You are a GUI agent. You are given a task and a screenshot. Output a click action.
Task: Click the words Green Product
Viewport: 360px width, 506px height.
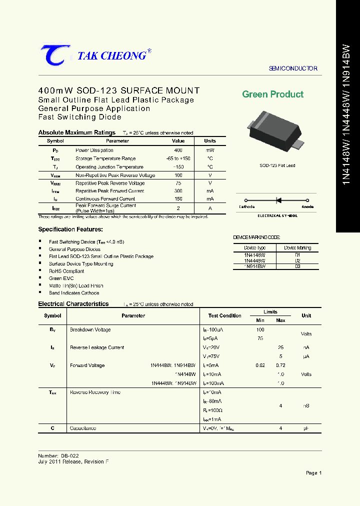272,94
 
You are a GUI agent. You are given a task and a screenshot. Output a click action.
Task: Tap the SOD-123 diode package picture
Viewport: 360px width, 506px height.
275,132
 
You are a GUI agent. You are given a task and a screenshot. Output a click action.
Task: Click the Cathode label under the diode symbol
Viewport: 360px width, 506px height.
246,206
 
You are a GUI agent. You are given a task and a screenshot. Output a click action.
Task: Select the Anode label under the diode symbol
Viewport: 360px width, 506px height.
307,206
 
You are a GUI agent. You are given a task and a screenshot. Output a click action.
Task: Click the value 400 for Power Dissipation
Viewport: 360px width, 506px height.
178,150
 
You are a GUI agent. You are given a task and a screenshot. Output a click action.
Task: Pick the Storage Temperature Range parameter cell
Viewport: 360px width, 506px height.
105,158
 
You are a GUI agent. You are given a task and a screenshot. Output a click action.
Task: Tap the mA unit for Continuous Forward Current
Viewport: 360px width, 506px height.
210,198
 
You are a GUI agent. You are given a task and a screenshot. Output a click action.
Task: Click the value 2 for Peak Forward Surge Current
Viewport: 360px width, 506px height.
178,208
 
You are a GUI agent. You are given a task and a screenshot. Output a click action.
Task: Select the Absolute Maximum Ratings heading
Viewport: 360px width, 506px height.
77,132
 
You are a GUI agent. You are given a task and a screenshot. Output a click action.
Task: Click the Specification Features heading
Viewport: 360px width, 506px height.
70,229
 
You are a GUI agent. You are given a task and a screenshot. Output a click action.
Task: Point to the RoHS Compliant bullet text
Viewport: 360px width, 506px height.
66,271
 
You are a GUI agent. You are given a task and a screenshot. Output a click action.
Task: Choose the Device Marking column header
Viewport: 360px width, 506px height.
297,247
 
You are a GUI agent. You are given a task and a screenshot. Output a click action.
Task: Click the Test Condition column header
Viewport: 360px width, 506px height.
224,315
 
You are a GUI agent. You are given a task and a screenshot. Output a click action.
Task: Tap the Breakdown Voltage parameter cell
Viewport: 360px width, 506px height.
90,329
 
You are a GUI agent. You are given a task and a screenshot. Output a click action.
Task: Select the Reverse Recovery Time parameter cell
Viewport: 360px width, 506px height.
95,392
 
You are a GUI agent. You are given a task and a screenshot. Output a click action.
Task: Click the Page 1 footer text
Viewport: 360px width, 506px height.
313,472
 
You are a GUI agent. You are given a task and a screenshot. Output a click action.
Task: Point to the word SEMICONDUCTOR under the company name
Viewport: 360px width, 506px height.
293,68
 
